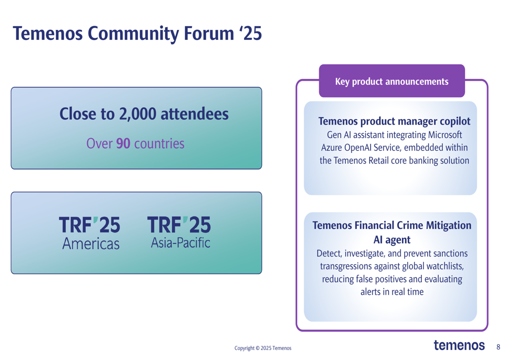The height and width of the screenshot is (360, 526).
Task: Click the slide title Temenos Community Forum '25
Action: [137, 34]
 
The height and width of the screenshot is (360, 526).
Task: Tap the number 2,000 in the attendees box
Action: [137, 114]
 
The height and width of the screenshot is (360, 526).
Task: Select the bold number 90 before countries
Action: [123, 143]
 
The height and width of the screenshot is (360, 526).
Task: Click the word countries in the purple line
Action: [159, 143]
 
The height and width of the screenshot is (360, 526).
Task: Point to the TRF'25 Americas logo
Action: [90, 233]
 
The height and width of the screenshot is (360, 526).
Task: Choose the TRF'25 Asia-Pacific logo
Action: [179, 233]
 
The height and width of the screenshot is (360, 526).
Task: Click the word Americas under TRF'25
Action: [91, 244]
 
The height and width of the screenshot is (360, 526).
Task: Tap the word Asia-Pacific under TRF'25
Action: [180, 243]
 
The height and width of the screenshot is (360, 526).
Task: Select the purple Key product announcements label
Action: [392, 81]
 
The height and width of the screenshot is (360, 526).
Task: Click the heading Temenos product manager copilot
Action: [394, 121]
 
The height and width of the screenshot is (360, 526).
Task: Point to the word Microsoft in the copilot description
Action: [445, 135]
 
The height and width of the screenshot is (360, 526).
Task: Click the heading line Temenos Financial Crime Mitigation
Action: [392, 225]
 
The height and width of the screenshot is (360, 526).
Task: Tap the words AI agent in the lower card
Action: [392, 240]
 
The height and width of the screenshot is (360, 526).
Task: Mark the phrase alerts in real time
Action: [392, 292]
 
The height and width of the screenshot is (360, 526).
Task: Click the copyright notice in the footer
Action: [263, 348]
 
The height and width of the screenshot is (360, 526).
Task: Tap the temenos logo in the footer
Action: [459, 345]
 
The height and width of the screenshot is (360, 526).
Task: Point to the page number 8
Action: [498, 347]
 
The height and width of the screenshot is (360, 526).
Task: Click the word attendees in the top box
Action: [195, 114]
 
